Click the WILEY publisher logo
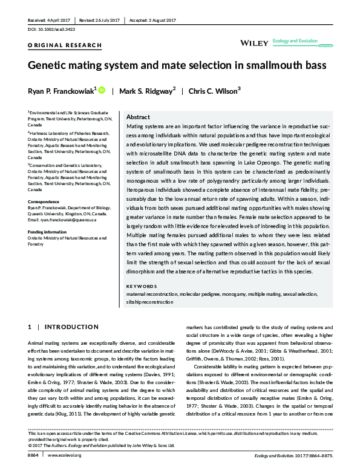(254, 44)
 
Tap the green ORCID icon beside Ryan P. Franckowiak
(102, 90)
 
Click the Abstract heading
(138, 117)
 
